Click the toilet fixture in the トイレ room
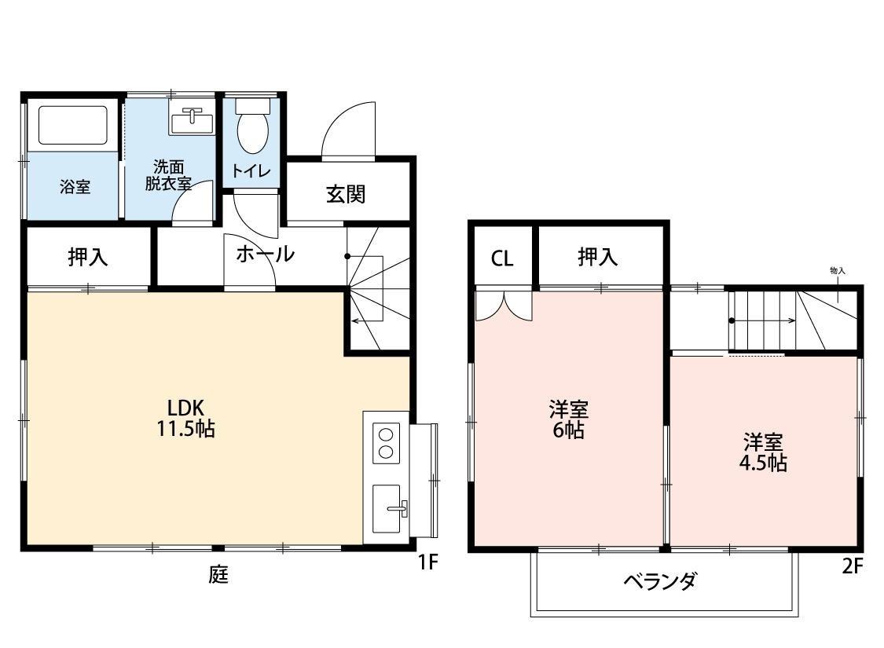tap(252, 128)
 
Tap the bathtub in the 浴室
tap(72, 125)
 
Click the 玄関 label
tap(346, 193)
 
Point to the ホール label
tap(265, 254)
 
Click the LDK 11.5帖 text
tap(186, 419)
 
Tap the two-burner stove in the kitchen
tap(386, 441)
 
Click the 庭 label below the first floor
tap(218, 575)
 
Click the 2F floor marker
tap(853, 566)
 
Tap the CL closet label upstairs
tap(502, 258)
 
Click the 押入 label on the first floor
tap(87, 257)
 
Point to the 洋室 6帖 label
tap(568, 419)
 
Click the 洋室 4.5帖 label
tap(762, 452)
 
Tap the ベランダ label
tap(660, 582)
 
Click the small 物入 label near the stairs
tap(837, 270)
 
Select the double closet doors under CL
tap(504, 305)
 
